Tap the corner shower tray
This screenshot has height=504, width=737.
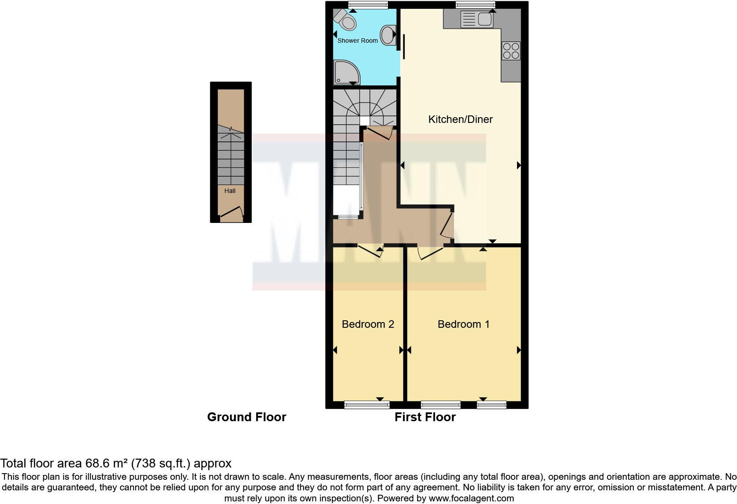point(346,73)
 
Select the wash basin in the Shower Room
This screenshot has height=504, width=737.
point(388,35)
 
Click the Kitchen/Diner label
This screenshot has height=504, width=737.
point(460,119)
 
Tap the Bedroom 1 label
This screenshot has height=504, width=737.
point(463,324)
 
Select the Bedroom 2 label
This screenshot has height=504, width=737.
point(368,324)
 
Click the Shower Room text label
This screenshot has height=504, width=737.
point(357,41)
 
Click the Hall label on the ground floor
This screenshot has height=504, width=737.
point(230,191)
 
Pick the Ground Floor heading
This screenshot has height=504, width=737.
point(246,417)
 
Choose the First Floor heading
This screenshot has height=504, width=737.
point(425,417)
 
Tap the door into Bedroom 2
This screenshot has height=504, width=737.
point(370,251)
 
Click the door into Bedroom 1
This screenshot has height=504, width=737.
point(430,253)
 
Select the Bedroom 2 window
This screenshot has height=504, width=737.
point(367,404)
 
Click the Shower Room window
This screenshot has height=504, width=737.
point(368,5)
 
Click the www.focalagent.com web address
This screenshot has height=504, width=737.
point(471,498)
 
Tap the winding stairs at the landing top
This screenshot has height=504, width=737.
point(364,106)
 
